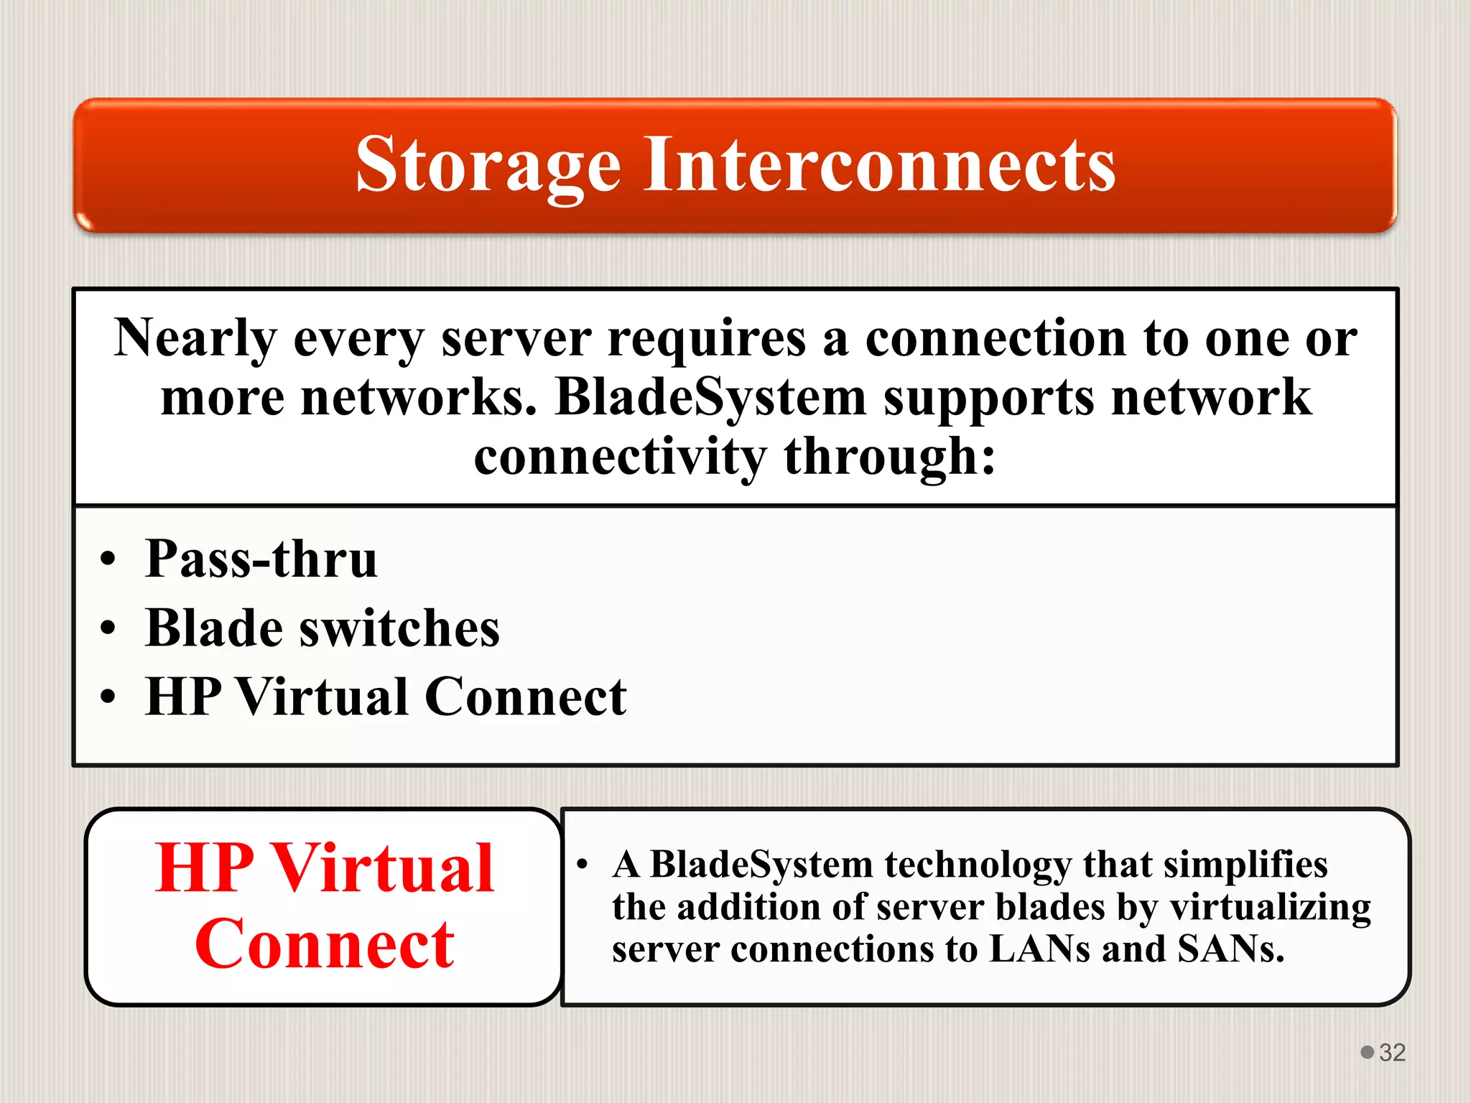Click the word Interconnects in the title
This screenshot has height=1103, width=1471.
click(x=879, y=165)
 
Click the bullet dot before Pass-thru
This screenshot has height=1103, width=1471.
click(x=108, y=559)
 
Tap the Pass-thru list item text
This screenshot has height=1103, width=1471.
click(x=261, y=559)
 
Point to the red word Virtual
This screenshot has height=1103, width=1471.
click(x=384, y=869)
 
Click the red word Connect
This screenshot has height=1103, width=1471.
click(x=325, y=945)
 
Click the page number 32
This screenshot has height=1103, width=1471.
click(x=1392, y=1053)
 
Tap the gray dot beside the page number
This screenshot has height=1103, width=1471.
click(x=1368, y=1052)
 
